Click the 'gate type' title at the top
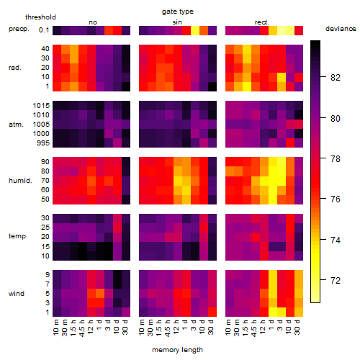(178, 12)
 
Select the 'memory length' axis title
(177, 350)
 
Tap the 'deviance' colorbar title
(341, 29)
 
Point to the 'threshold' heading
(40, 17)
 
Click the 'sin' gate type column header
(177, 22)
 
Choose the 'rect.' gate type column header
(261, 22)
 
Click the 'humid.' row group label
(20, 181)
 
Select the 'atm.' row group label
(16, 125)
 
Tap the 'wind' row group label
(17, 294)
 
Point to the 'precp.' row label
(19, 29)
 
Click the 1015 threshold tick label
(41, 106)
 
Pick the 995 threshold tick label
(43, 143)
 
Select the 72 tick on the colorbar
(336, 280)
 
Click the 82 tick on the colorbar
(336, 77)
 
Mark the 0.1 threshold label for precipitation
(44, 30)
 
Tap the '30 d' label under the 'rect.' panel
(297, 327)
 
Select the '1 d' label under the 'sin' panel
(185, 325)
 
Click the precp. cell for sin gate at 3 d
(195, 30)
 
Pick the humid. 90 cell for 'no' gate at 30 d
(126, 162)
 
